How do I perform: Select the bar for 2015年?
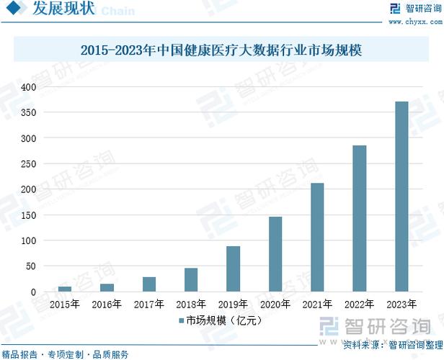(x=65, y=289)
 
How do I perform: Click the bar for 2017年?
(x=149, y=284)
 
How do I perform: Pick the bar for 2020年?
(x=275, y=254)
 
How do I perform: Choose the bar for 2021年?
(x=317, y=237)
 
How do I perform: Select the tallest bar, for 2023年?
(x=401, y=197)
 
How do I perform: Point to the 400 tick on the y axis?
(x=28, y=87)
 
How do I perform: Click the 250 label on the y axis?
(x=28, y=164)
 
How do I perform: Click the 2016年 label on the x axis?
(x=107, y=305)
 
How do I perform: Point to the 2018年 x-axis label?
(x=191, y=305)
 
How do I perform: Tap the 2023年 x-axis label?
(x=401, y=305)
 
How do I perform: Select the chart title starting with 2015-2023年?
(x=221, y=50)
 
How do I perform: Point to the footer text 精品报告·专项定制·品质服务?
(x=66, y=354)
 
